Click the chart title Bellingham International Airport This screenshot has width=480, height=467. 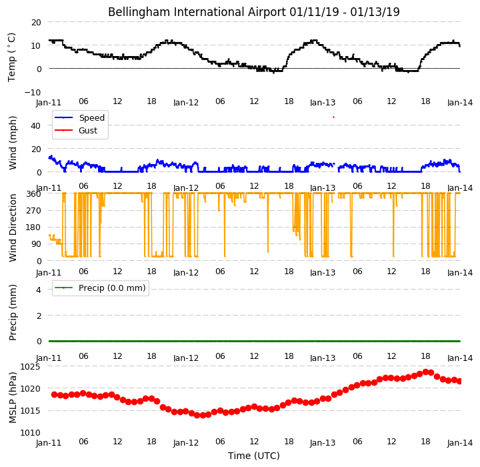[197, 12]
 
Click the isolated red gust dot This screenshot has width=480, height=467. [334, 117]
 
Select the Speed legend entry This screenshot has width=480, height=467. [79, 117]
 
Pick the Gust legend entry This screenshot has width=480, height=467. [76, 131]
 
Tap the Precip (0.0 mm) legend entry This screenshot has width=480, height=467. [100, 288]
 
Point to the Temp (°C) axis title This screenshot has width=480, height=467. [11, 57]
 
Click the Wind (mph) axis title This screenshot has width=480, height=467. [13, 143]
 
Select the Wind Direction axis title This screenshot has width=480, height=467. [13, 227]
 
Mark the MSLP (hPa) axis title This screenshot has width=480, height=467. [13, 398]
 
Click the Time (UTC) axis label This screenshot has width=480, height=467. [254, 456]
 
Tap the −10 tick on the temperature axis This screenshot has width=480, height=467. [33, 92]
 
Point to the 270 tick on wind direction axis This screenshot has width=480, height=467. [34, 211]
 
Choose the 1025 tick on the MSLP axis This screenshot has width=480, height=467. [30, 366]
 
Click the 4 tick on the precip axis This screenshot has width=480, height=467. [39, 290]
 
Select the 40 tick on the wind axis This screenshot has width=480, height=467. [35, 125]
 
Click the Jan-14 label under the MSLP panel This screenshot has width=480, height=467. [460, 443]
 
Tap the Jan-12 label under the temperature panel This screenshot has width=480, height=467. [186, 102]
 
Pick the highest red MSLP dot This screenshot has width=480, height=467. [425, 372]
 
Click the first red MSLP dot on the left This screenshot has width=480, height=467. [55, 395]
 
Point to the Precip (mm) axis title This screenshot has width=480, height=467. [13, 313]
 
